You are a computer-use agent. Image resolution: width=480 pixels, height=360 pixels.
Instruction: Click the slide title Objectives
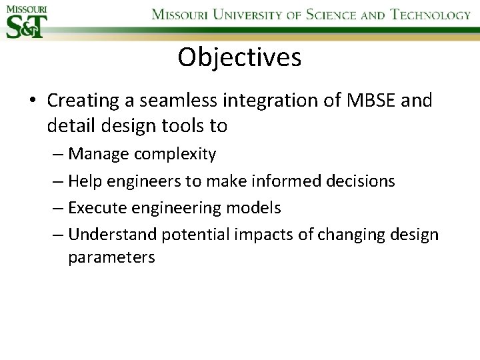[239, 58]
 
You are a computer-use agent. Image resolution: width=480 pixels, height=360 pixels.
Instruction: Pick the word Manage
[99, 155]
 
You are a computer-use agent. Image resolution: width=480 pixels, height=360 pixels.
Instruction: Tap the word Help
[85, 181]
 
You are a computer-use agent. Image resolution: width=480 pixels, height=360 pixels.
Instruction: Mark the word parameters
[111, 258]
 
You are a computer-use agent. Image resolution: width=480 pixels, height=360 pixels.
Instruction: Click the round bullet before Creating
[32, 101]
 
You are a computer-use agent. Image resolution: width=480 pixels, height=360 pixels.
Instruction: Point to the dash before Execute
[59, 208]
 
